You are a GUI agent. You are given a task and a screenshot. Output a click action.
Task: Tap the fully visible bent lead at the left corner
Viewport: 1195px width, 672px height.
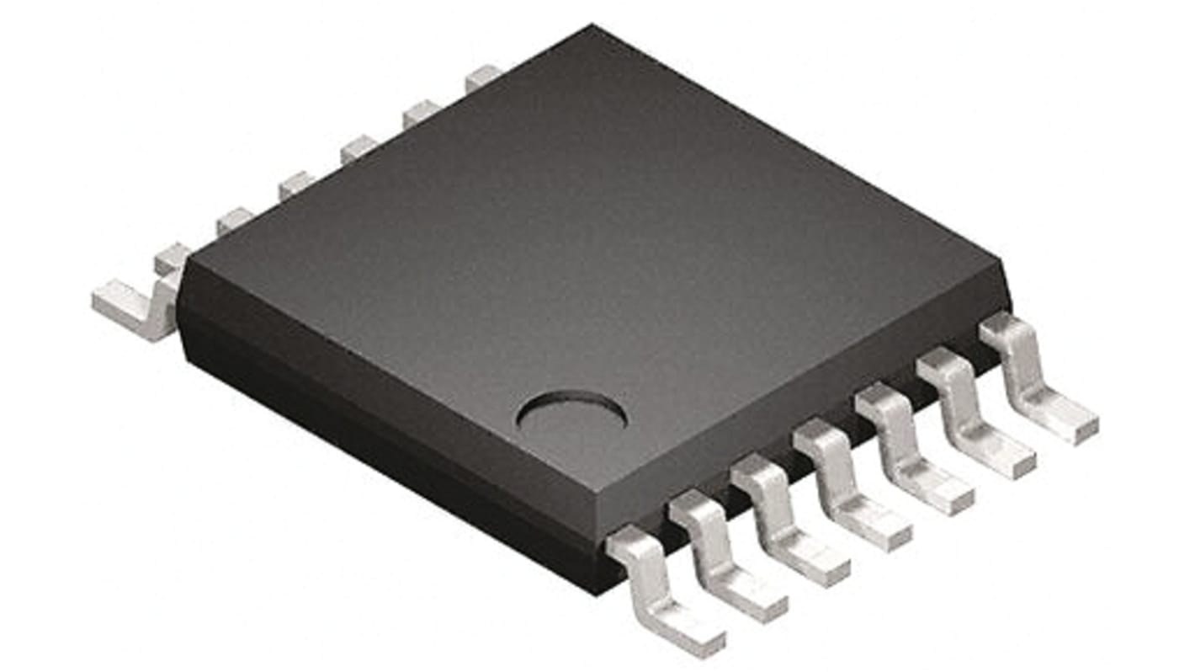click(x=135, y=307)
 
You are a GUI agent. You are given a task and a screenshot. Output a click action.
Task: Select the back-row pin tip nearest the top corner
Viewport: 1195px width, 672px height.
click(x=482, y=78)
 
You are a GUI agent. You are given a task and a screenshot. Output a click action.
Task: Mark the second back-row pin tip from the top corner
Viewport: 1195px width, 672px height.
click(x=420, y=113)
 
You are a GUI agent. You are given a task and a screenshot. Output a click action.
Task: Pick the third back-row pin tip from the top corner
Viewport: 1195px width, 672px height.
click(x=358, y=149)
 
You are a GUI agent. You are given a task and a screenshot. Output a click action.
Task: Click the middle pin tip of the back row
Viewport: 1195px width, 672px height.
click(x=296, y=184)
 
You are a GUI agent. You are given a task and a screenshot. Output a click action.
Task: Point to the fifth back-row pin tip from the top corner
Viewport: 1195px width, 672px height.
click(x=234, y=221)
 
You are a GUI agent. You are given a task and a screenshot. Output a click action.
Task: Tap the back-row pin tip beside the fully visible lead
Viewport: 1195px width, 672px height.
click(x=172, y=258)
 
